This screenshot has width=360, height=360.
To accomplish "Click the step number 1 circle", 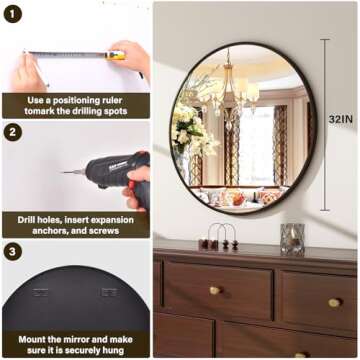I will point(14,15).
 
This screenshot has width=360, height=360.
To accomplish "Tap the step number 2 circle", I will point(14,132).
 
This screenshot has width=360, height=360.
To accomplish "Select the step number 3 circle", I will point(14,250).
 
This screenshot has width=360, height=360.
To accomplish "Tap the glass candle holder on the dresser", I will point(293,239).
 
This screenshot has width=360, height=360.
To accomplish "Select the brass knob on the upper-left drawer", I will point(214,291).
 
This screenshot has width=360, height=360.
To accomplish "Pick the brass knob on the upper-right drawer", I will point(333,302).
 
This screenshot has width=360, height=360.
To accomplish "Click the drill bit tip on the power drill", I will point(66,172).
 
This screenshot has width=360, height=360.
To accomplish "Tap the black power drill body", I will point(112,170).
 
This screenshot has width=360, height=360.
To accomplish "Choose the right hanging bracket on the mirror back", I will point(108,292).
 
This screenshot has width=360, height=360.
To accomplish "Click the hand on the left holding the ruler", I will point(27,72).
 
